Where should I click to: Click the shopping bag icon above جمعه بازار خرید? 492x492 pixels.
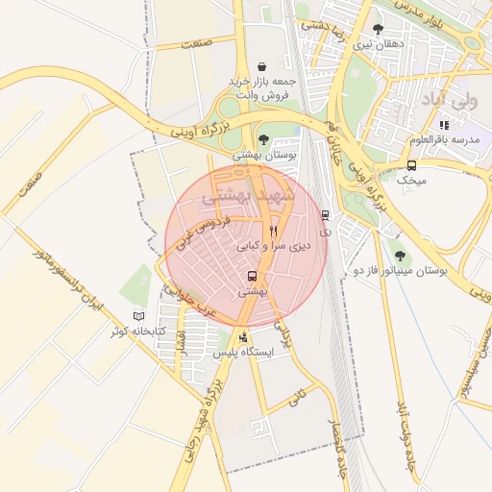pyautogui.click(x=263, y=65)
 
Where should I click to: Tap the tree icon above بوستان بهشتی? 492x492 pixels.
pyautogui.click(x=263, y=140)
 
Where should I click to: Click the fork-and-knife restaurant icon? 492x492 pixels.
pyautogui.click(x=274, y=231)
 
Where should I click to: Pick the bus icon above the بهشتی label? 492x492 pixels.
pyautogui.click(x=252, y=277)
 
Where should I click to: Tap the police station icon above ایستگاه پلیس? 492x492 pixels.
pyautogui.click(x=243, y=337)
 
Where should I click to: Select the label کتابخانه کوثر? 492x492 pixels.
pyautogui.click(x=138, y=332)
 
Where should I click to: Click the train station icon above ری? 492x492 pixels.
pyautogui.click(x=325, y=215)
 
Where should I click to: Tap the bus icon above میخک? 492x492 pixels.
pyautogui.click(x=411, y=164)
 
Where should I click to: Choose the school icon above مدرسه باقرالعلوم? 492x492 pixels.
pyautogui.click(x=443, y=125)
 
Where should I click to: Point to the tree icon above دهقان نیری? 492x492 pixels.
pyautogui.click(x=378, y=29)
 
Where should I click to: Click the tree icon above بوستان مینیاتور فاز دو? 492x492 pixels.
pyautogui.click(x=400, y=256)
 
